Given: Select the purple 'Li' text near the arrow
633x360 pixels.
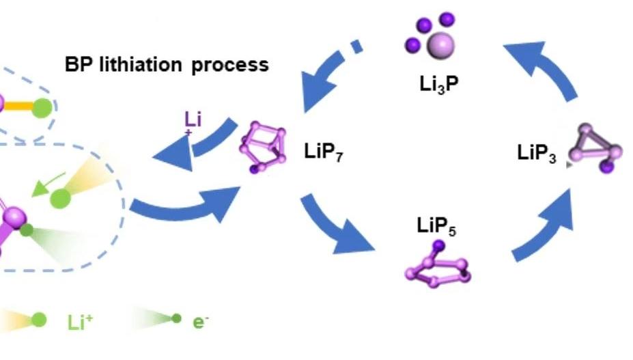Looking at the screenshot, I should [x=193, y=120].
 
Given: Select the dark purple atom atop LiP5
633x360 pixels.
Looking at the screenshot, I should [x=438, y=245].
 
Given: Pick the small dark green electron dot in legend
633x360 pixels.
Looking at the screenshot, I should [x=176, y=318].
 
